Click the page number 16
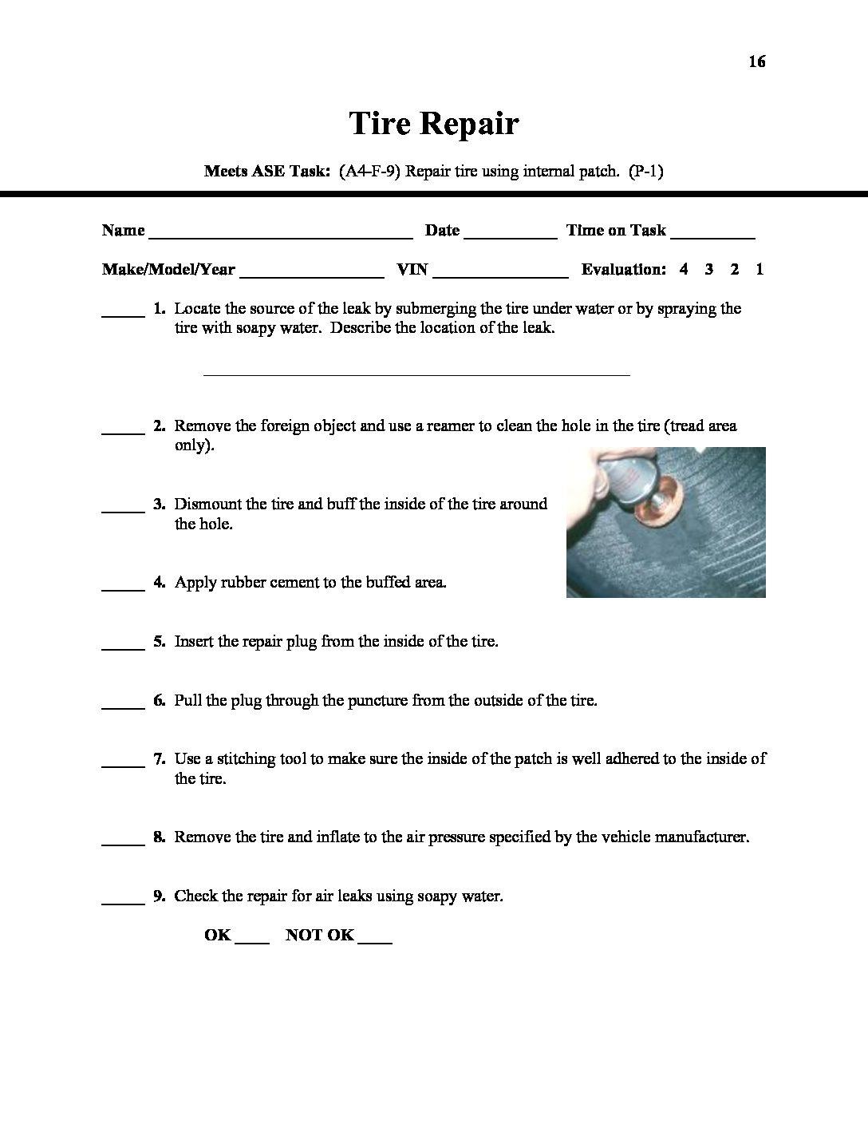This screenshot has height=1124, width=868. click(x=756, y=62)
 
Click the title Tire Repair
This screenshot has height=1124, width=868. click(x=434, y=124)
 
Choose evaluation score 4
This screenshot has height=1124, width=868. click(x=684, y=270)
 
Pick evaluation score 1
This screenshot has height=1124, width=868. click(x=759, y=270)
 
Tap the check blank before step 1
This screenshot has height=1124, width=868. click(x=123, y=315)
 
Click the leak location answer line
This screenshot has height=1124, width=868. click(x=416, y=372)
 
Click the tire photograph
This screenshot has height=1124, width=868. click(x=665, y=522)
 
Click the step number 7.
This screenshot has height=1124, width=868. click(x=159, y=759)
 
